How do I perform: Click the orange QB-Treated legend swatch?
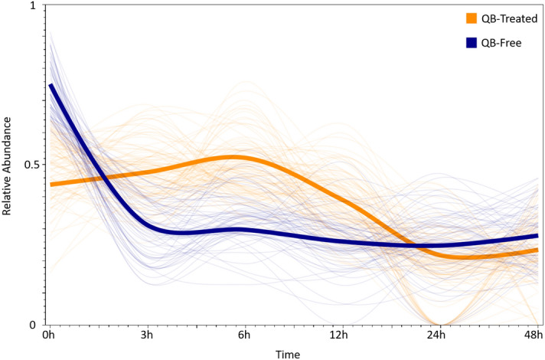[472, 18]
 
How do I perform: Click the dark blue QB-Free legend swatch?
[472, 43]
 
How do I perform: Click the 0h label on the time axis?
[51, 335]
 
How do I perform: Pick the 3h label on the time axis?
[148, 335]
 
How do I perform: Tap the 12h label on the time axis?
[340, 335]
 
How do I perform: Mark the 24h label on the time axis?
[436, 335]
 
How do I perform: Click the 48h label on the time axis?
[533, 335]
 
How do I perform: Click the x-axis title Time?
[289, 353]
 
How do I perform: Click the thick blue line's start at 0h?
[51, 85]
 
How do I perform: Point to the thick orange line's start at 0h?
[51, 184]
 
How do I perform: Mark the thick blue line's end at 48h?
[537, 236]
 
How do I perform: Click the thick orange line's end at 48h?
[537, 250]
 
